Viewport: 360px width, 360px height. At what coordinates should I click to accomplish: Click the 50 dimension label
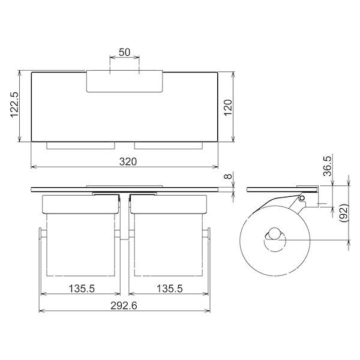(124, 52)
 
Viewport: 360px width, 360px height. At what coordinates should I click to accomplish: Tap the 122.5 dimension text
(14, 104)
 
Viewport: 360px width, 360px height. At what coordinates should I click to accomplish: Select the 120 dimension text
(228, 107)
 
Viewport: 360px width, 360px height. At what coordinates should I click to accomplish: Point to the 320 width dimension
(128, 161)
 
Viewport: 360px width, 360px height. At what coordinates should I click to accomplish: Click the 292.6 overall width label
(124, 305)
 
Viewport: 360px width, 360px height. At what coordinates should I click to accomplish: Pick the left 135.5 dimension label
(82, 289)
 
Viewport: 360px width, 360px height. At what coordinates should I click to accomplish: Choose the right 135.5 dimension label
(170, 289)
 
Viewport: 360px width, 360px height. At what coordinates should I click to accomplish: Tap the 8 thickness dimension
(228, 176)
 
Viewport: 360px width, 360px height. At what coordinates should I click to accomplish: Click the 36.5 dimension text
(328, 166)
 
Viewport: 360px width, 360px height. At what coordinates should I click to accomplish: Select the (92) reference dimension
(344, 213)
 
